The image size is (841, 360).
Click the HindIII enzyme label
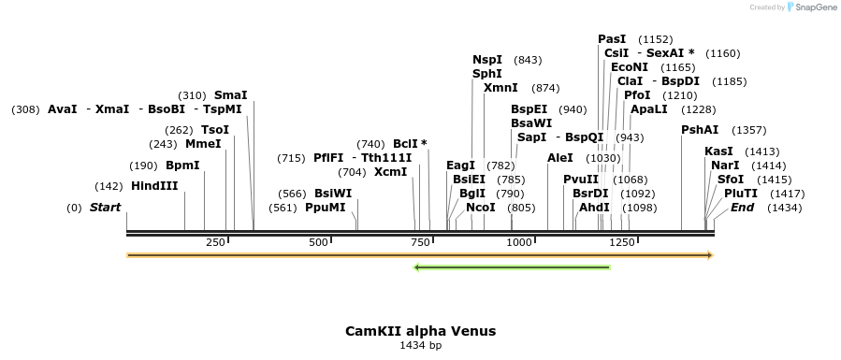(154, 186)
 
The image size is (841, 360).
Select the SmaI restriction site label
(231, 95)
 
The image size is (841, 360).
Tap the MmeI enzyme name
(203, 144)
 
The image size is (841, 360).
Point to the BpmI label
(182, 166)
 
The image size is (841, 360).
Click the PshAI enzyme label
(700, 130)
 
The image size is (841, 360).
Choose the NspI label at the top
(487, 60)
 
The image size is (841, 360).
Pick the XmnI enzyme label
(500, 88)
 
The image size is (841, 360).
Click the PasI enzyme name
(612, 39)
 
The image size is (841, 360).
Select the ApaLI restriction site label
(649, 109)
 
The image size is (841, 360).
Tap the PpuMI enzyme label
(326, 208)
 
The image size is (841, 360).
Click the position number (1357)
(748, 130)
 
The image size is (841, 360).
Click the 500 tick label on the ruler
(318, 242)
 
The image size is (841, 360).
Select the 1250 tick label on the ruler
(621, 242)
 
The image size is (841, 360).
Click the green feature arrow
(512, 267)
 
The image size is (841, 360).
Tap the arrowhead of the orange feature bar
(710, 254)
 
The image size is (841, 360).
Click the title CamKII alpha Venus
(420, 331)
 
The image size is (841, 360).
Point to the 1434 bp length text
(420, 346)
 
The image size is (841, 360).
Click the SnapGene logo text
(814, 7)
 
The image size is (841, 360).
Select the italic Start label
(105, 208)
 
